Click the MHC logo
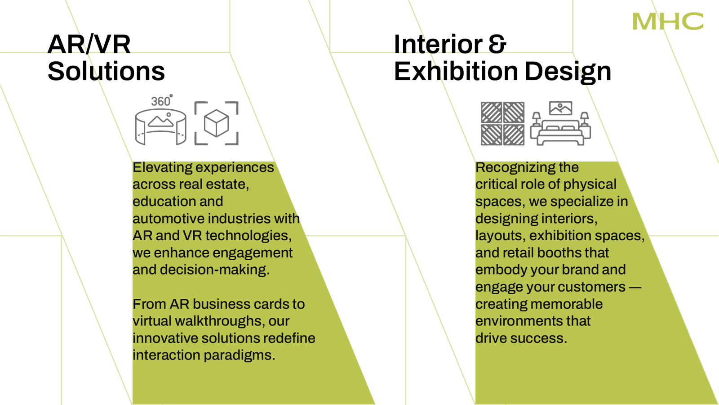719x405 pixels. click(668, 22)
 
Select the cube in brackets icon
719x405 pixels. click(217, 122)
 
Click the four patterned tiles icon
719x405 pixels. click(502, 123)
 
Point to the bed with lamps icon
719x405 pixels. click(561, 128)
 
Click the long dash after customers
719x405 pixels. click(635, 287)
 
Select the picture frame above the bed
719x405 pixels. click(561, 108)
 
